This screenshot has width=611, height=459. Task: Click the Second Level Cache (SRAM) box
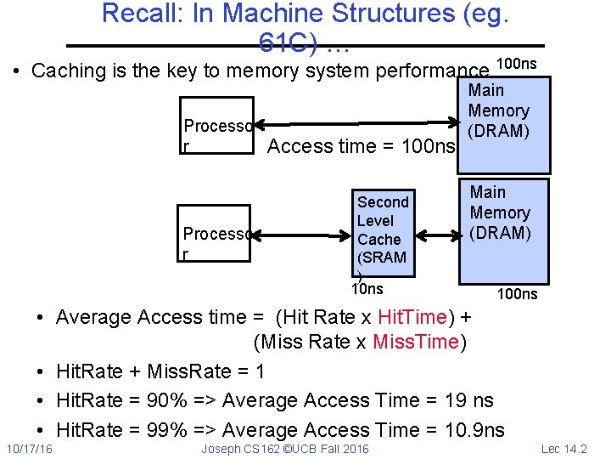pos(384,232)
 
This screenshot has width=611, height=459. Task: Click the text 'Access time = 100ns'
pos(361,146)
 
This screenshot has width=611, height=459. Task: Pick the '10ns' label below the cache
pos(367,290)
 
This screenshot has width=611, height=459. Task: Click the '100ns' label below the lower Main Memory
pos(517,294)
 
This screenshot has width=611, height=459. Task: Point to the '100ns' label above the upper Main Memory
pos(515,65)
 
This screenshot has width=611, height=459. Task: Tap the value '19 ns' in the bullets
pos(468,400)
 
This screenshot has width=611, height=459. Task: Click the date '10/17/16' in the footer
pos(29,448)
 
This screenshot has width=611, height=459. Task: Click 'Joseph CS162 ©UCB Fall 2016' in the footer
pos(285,448)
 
